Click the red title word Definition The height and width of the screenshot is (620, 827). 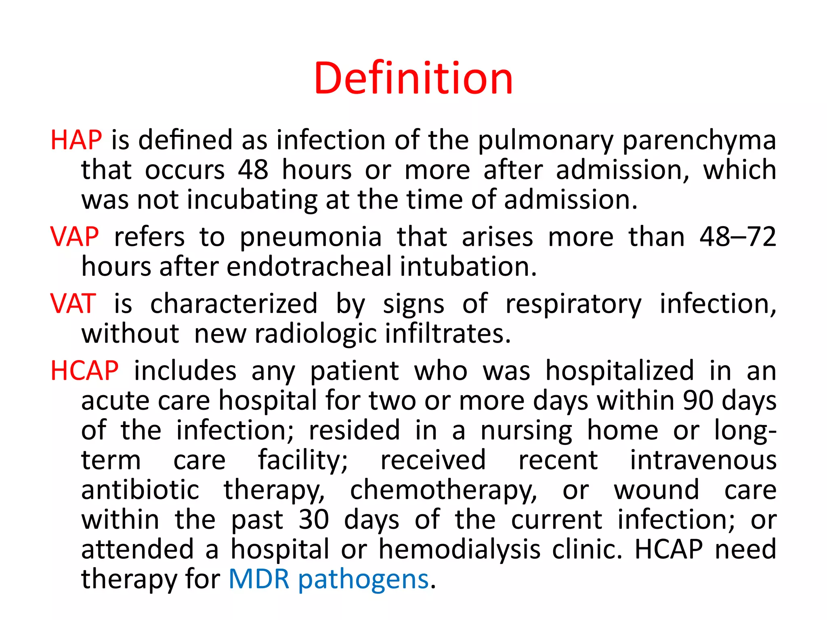413,78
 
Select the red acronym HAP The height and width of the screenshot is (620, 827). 76,140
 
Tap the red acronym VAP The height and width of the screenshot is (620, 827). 74,237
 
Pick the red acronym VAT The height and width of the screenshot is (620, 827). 73,304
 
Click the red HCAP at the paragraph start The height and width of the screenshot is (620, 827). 84,371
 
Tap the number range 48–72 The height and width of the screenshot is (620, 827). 738,237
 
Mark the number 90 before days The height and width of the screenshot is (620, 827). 698,401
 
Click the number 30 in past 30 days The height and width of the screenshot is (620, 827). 314,519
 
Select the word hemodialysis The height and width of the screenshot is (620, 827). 459,549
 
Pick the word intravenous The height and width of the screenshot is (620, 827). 703,460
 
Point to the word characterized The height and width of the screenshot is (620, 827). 234,304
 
